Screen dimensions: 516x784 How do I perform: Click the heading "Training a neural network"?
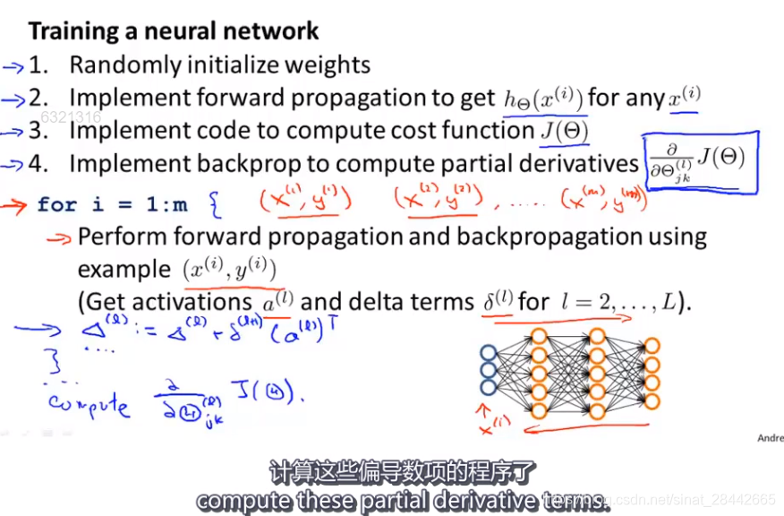[174, 31]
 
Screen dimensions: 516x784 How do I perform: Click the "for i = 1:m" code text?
[113, 204]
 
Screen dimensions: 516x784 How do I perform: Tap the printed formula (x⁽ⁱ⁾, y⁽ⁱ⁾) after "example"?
[229, 270]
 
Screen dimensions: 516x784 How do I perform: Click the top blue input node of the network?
[488, 352]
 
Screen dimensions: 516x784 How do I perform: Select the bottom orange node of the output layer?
[652, 401]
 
